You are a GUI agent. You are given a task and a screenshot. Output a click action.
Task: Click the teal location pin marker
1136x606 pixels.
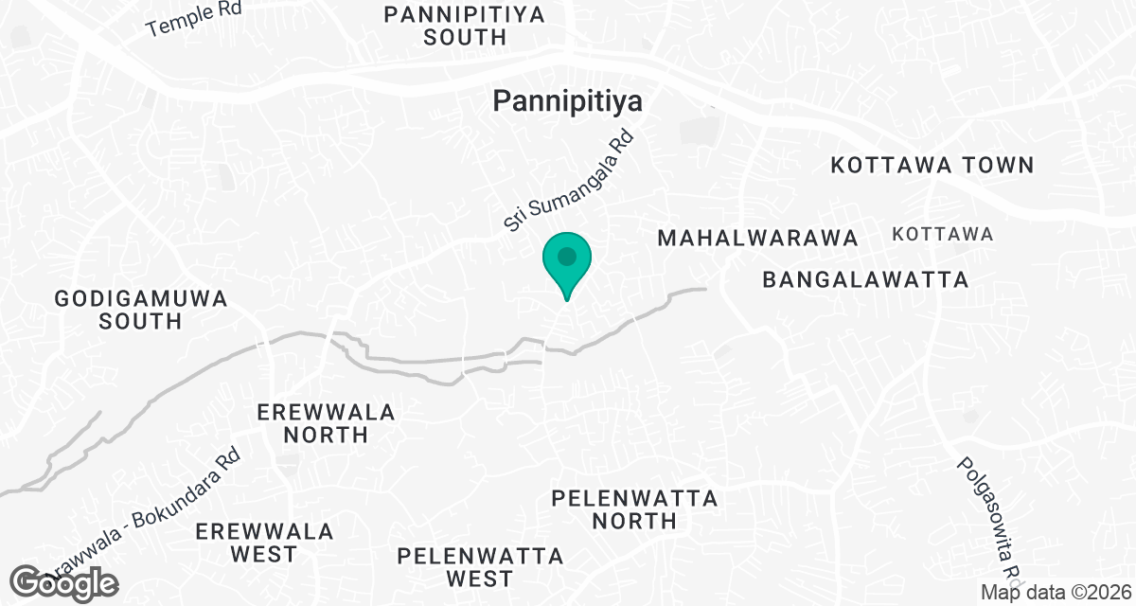pos(567,264)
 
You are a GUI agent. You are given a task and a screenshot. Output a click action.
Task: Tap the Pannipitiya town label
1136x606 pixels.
pos(567,101)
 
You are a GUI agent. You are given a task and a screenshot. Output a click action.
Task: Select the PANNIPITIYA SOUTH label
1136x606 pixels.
pos(465,27)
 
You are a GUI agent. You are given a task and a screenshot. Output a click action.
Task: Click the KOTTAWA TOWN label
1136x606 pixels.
pos(932,165)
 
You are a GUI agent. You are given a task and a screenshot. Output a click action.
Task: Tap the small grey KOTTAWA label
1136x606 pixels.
pos(943,234)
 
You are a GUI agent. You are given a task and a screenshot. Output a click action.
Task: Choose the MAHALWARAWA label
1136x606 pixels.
pos(757,238)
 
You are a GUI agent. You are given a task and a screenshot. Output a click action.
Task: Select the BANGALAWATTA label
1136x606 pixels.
pos(866,280)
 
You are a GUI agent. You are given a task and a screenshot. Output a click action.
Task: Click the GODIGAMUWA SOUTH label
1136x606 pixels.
pos(141,310)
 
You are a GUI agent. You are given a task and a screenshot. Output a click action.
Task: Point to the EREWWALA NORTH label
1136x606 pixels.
pos(326,423)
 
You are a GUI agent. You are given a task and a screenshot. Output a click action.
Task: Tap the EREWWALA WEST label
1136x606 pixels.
pos(265,543)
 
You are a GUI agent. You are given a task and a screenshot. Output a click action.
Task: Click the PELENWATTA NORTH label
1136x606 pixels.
pos(635,509)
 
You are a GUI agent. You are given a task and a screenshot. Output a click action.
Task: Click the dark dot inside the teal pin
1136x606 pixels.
pos(567,256)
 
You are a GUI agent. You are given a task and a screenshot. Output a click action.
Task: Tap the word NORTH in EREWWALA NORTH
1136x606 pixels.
pos(326,435)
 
